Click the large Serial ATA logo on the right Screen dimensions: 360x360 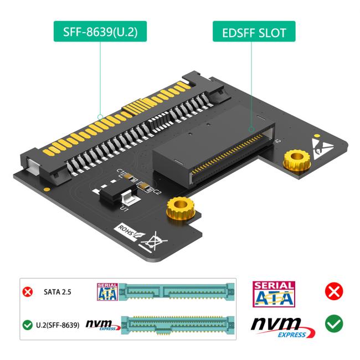273,294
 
